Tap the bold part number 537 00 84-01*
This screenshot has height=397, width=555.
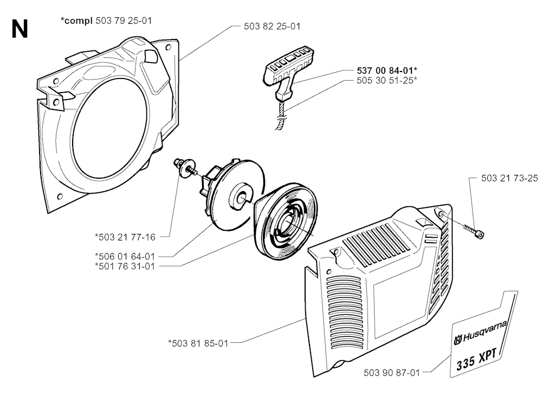click(x=387, y=70)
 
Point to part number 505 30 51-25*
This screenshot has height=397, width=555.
click(x=386, y=80)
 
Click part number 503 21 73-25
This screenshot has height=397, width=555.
click(x=509, y=178)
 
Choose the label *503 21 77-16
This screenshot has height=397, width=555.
click(x=125, y=236)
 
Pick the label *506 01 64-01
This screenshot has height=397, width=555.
click(x=125, y=256)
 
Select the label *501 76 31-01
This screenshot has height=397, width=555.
click(x=125, y=265)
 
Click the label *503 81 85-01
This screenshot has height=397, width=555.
click(x=198, y=342)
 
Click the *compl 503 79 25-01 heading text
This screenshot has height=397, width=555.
click(x=106, y=21)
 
